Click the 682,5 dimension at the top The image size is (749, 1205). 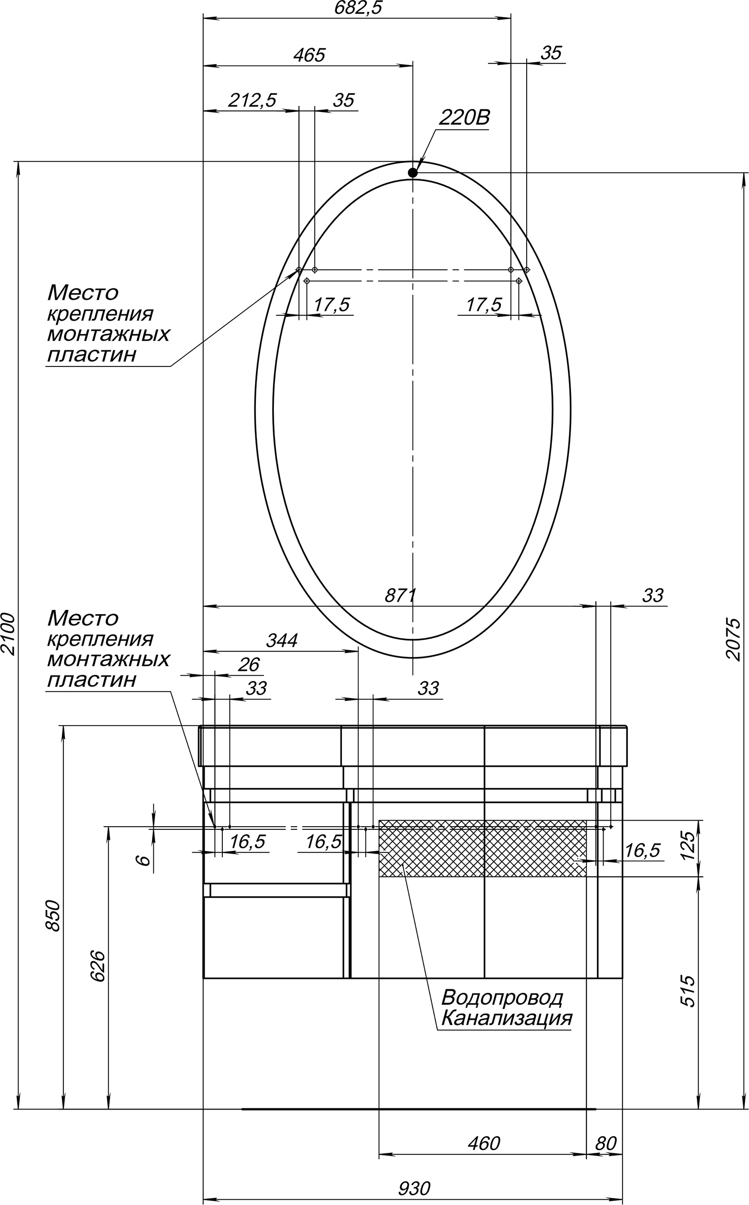coord(358,8)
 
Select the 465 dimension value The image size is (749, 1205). coord(309,55)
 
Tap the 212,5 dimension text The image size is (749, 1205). coord(253,100)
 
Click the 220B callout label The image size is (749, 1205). coord(464,118)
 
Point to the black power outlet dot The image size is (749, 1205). coord(413,173)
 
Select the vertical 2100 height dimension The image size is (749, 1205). coord(9,634)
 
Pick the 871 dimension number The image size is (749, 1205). coord(400,596)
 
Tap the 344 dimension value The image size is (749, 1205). coord(282,640)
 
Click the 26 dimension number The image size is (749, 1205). coord(248,665)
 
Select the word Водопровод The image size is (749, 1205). coord(502,998)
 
